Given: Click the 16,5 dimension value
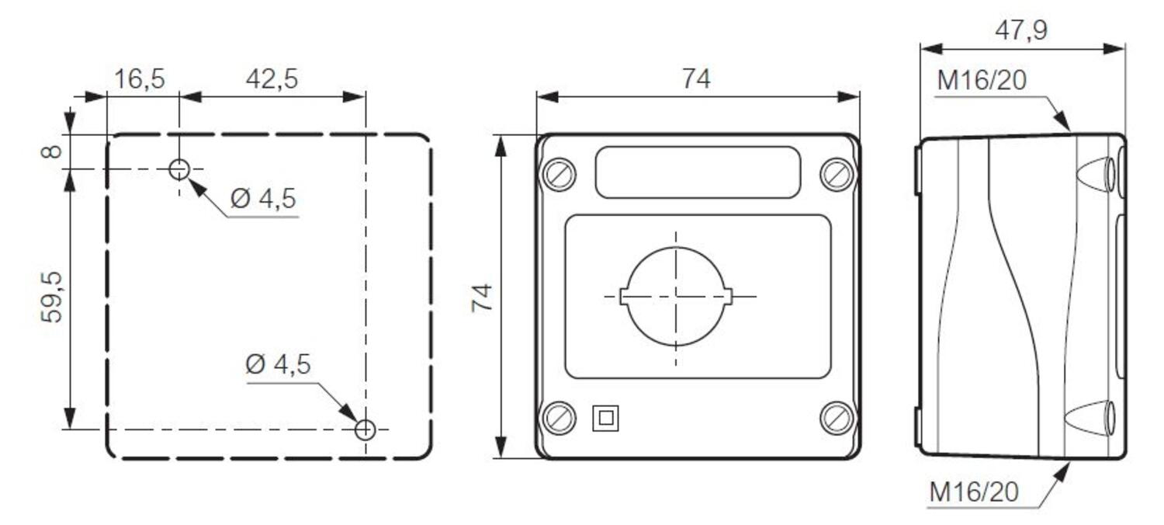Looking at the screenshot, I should [x=140, y=79].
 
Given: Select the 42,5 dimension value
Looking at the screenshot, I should [x=272, y=79].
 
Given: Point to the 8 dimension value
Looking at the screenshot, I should [x=52, y=150].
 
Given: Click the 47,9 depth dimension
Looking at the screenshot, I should [x=1020, y=31].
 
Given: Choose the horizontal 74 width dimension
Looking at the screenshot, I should [x=696, y=79].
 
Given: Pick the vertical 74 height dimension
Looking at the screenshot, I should [x=483, y=297].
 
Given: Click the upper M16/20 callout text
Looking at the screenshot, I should [x=982, y=81].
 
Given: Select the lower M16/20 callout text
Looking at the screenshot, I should [x=975, y=492].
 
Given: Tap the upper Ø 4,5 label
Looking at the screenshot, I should [x=264, y=199].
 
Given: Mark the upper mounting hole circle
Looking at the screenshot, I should [x=179, y=169].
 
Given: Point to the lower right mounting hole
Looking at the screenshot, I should [x=365, y=429].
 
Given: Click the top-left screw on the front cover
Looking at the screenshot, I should [x=559, y=174].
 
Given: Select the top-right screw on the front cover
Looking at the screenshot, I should [x=837, y=174].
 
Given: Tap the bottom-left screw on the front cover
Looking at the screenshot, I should [x=559, y=419].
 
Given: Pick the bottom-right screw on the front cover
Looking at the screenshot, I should [x=837, y=419].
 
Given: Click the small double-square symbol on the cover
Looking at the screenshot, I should [x=605, y=419].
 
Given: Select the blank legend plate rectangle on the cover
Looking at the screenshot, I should [x=698, y=172].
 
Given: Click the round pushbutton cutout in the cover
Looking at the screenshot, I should [x=676, y=297].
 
